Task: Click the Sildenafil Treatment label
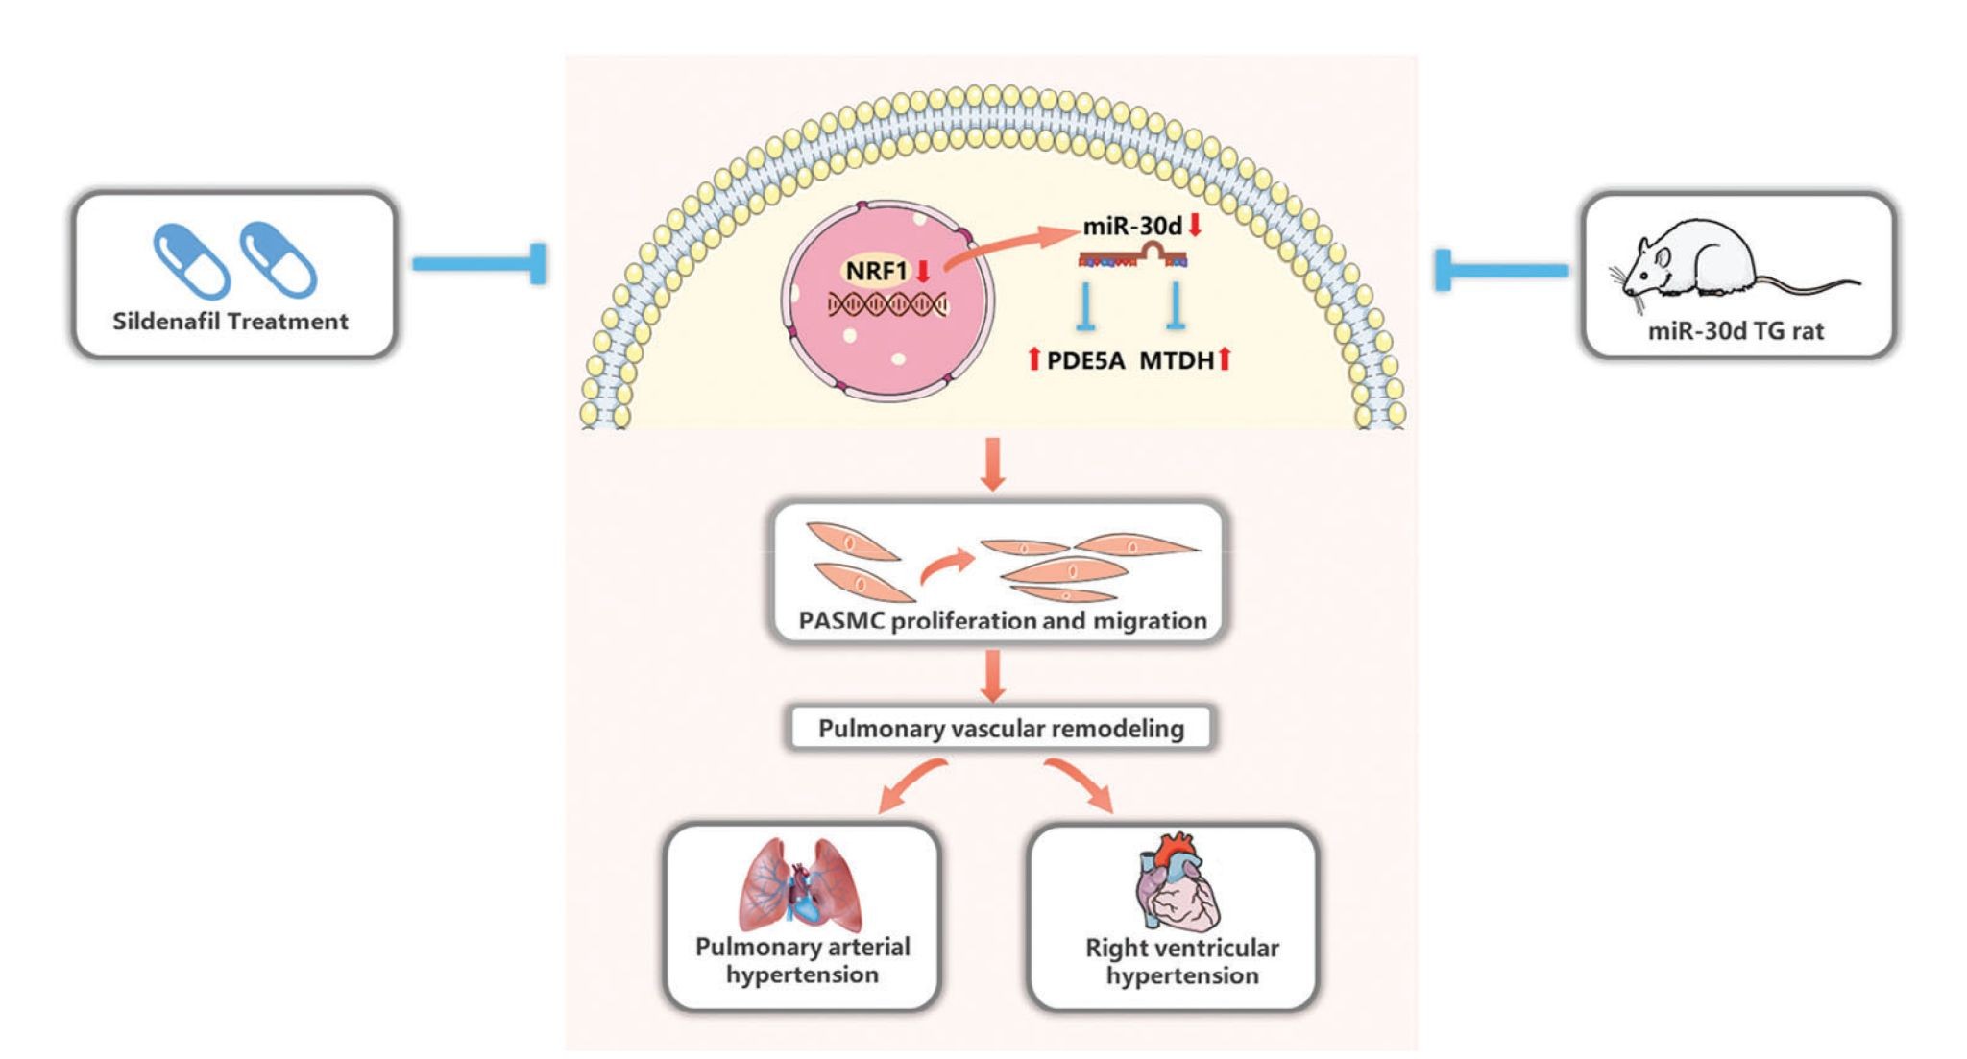coord(231,322)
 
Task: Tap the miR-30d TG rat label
coord(1736,331)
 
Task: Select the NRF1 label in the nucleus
coord(876,271)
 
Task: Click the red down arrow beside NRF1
coord(923,271)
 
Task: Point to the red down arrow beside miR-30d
coord(1196,226)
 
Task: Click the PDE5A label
coord(1085,361)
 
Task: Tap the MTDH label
coord(1177,361)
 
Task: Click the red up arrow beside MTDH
coord(1225,360)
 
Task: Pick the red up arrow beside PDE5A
coord(1034,360)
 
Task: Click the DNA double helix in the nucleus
coord(887,305)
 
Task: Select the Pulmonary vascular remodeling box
coord(1000,729)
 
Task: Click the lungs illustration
coord(800,884)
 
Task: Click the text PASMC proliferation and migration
coord(1003,621)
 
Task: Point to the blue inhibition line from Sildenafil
coord(480,264)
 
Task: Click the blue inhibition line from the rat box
coord(1502,270)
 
